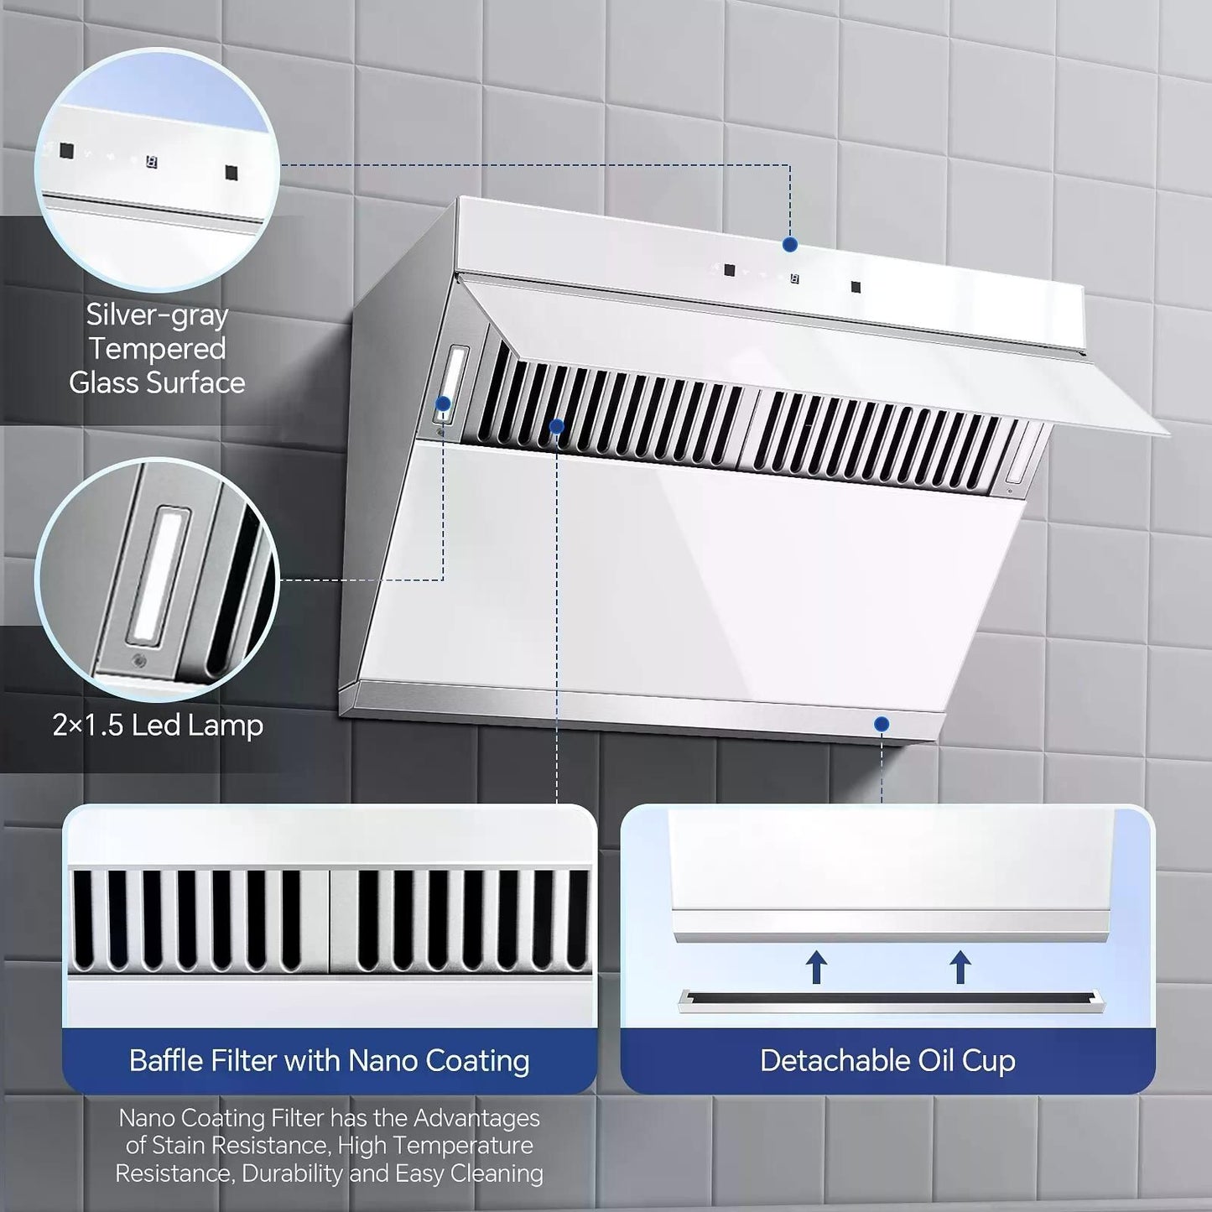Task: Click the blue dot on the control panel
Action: point(791,245)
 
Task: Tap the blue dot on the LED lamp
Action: point(444,403)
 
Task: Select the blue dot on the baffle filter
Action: point(557,427)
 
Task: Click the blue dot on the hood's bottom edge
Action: point(882,724)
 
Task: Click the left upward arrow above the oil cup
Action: point(816,967)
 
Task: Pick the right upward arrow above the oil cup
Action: point(960,967)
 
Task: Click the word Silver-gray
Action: point(157,315)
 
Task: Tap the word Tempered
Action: point(157,348)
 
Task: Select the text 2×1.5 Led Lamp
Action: point(158,726)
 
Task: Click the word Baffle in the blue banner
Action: point(167,1060)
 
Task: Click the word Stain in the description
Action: point(179,1146)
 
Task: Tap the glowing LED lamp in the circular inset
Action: point(158,576)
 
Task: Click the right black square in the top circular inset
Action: point(231,172)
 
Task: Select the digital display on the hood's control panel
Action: point(794,278)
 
